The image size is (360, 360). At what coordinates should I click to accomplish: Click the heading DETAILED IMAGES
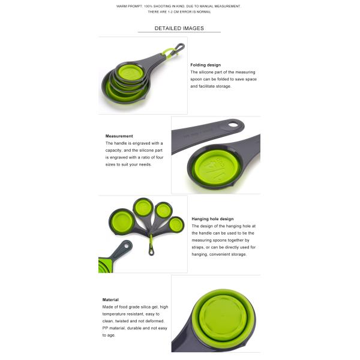point(179,28)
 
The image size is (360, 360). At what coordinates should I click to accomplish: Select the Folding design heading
point(205,65)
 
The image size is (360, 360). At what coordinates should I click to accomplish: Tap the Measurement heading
point(119,136)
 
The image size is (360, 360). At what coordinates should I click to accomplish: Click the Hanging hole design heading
point(212,219)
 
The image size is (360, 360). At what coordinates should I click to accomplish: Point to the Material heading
point(110,299)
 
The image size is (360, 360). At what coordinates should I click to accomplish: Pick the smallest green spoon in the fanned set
point(175,225)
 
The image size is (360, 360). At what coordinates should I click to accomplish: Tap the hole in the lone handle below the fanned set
point(127,245)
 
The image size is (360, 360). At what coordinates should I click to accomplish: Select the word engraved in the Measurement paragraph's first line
point(139,143)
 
